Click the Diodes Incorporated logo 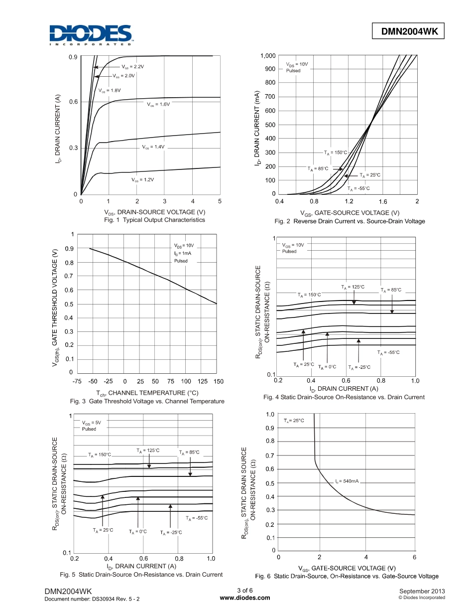tap(91, 35)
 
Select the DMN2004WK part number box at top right tap(409, 31)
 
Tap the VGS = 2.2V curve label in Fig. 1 tap(132, 66)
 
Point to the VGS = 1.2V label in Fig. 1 tap(142, 179)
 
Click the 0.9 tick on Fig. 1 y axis tap(73, 57)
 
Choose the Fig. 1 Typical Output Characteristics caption tap(154, 220)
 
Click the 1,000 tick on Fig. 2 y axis tap(267, 55)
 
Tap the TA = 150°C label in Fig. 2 tap(335, 153)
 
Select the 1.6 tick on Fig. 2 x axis tap(382, 202)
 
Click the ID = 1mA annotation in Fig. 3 tap(183, 253)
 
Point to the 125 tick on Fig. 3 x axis tap(202, 381)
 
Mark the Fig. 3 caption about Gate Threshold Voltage tap(147, 401)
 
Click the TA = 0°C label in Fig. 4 tap(327, 367)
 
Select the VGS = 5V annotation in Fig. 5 tap(92, 423)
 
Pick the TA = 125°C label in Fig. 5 tap(148, 451)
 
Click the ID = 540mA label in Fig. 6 tap(347, 481)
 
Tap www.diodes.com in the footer tap(244, 598)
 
